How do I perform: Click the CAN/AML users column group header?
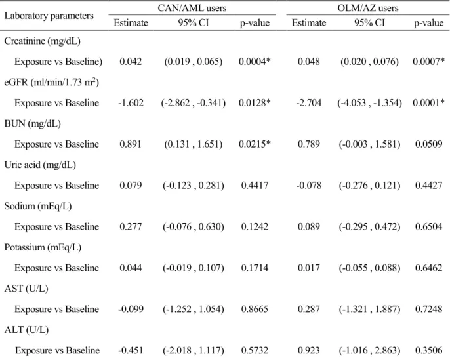point(192,8)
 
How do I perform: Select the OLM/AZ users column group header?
point(368,8)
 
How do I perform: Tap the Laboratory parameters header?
point(49,16)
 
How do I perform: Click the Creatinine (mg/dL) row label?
point(42,41)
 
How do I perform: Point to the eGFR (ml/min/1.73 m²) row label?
point(52,83)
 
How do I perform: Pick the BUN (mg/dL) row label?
point(32,124)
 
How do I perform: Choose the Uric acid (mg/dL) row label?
point(40,165)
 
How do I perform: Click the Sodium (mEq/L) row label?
point(38,207)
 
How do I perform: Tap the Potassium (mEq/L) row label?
point(43,247)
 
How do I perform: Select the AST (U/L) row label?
point(26,289)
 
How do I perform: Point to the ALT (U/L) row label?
point(26,330)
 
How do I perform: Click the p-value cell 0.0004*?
point(255,62)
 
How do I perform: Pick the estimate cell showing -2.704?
point(309,103)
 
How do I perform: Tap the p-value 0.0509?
point(428,144)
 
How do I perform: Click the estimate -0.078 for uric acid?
point(309,186)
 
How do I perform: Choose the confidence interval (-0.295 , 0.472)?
point(369,227)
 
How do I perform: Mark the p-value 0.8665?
point(255,309)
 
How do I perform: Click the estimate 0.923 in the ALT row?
point(309,350)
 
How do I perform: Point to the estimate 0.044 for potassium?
point(131,268)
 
